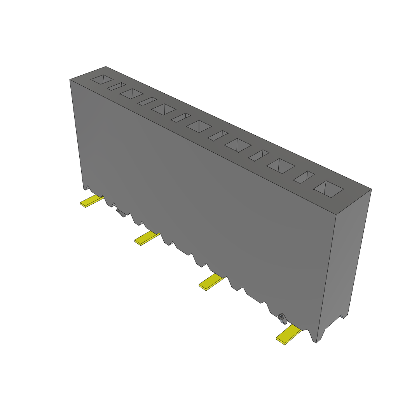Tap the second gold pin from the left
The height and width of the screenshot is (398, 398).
[x=146, y=238]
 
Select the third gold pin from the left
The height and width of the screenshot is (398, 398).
[x=211, y=283]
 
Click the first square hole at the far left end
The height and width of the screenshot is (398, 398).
[x=102, y=79]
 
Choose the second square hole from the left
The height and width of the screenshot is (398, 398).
[x=131, y=94]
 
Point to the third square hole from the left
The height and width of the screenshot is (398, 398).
[x=164, y=109]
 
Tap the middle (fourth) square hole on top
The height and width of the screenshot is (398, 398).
[x=199, y=126]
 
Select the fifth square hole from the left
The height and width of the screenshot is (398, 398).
[x=237, y=145]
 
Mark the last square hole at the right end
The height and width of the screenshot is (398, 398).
[x=328, y=189]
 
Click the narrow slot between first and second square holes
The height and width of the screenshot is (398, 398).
[x=116, y=86]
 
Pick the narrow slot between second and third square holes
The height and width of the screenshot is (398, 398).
[x=147, y=101]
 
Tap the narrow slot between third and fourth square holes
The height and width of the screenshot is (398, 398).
[x=180, y=117]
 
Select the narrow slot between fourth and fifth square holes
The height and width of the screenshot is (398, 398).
[x=217, y=135]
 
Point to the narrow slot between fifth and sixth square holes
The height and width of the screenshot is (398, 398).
[x=258, y=155]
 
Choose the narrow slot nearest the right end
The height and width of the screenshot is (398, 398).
[x=304, y=177]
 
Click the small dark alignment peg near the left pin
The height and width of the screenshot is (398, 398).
[x=120, y=213]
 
